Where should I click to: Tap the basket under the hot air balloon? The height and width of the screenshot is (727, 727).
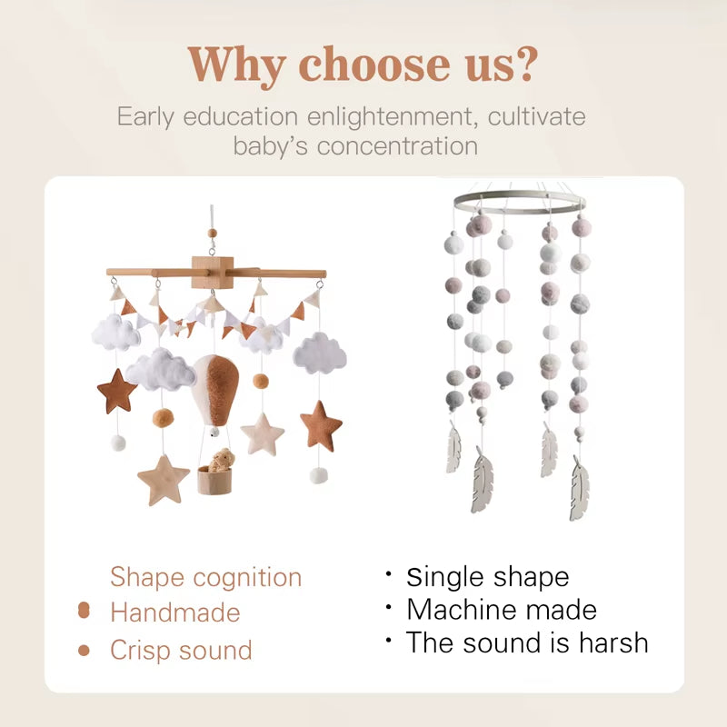(215, 479)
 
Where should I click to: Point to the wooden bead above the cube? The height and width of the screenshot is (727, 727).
(214, 234)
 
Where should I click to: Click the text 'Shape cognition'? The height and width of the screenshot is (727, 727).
(205, 577)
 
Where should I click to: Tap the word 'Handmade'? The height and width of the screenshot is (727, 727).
(174, 612)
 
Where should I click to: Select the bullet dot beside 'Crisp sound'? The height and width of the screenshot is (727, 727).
(84, 651)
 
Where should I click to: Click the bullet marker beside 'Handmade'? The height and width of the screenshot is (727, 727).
(84, 612)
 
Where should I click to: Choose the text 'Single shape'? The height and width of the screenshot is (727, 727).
(487, 577)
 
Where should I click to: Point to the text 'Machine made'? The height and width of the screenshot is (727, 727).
(501, 609)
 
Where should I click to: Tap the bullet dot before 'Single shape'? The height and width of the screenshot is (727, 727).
(388, 574)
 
